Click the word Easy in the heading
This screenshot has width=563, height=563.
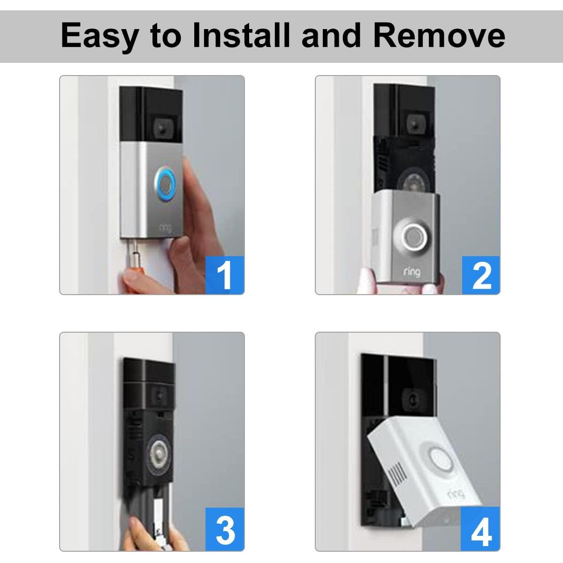click(x=99, y=36)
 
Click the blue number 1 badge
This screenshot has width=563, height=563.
click(x=225, y=275)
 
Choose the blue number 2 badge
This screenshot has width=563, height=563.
click(x=481, y=275)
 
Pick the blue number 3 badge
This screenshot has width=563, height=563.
click(x=225, y=531)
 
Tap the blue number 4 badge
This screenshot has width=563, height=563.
click(x=481, y=531)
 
